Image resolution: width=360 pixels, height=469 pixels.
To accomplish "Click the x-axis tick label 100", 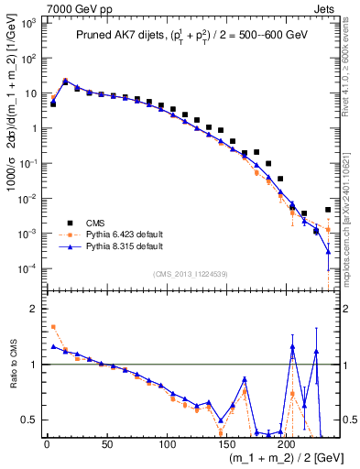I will tap(167, 444).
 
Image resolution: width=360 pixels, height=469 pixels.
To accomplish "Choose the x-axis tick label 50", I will tap(106, 444).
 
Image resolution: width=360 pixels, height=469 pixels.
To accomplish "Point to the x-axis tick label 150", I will tap(226, 444).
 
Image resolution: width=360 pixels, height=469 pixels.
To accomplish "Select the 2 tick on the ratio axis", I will tap(32, 309).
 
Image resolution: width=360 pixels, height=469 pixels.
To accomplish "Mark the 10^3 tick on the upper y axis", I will tap(27, 23).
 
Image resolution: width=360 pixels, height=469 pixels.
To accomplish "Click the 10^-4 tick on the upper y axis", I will tap(27, 268).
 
